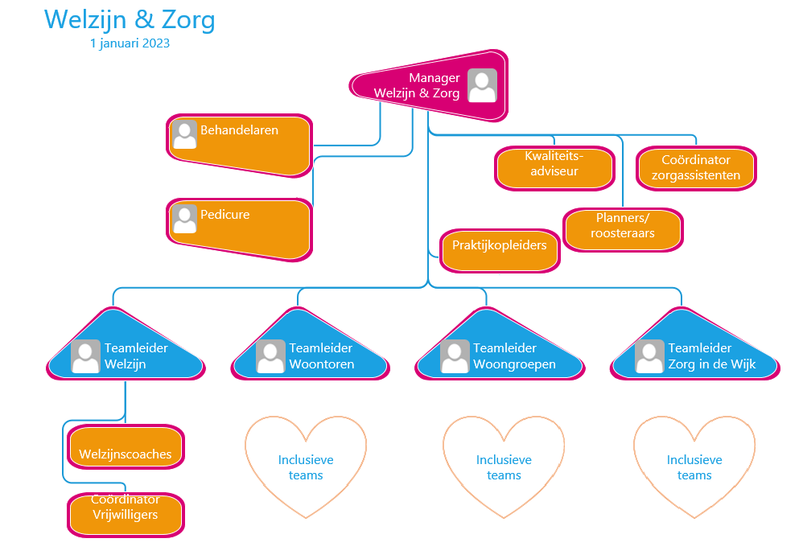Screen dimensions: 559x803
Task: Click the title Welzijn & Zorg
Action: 130,19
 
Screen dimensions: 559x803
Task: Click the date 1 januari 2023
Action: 130,43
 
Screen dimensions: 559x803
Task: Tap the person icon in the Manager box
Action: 482,85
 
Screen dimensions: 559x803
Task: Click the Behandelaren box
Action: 240,144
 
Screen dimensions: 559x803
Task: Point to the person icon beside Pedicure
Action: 185,218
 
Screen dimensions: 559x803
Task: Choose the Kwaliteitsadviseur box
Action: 554,167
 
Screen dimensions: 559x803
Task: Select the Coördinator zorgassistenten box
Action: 696,168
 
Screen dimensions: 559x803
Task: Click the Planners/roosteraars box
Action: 623,229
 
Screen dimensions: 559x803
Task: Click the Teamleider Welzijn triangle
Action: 126,351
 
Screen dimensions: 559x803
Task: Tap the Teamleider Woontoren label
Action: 321,356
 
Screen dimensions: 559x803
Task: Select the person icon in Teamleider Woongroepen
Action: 455,356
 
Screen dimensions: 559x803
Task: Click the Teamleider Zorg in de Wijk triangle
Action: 696,351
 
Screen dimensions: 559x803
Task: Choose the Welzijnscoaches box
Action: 126,447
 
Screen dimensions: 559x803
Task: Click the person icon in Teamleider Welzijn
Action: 85,356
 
